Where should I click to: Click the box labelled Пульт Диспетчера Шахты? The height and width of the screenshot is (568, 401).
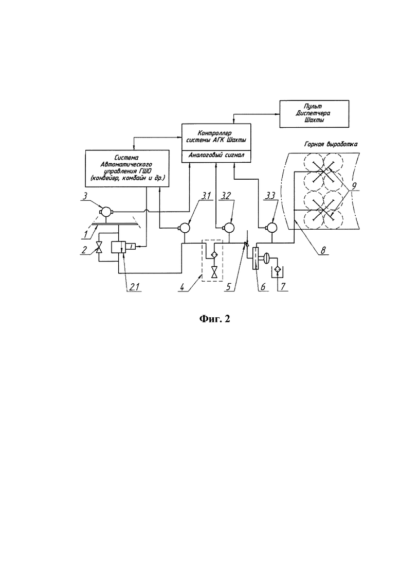point(314,114)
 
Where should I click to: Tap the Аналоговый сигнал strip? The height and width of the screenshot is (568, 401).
point(216,156)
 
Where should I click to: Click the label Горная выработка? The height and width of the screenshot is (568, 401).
point(331,144)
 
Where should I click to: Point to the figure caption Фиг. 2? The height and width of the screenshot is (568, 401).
point(214,319)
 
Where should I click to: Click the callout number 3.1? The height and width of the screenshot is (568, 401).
point(206,196)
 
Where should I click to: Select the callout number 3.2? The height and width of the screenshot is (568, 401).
point(224,196)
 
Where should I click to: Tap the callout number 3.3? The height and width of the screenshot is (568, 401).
point(270,196)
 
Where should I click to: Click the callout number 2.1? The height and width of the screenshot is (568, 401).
point(134,287)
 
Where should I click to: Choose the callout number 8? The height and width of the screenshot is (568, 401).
point(323,250)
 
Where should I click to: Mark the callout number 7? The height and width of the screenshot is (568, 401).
point(283,287)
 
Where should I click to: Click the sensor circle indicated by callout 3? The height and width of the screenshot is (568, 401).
point(106,211)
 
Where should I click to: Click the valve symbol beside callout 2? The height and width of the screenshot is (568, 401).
point(98,247)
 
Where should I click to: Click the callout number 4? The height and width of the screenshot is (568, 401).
point(183,287)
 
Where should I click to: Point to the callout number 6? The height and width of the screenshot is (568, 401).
point(263,287)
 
